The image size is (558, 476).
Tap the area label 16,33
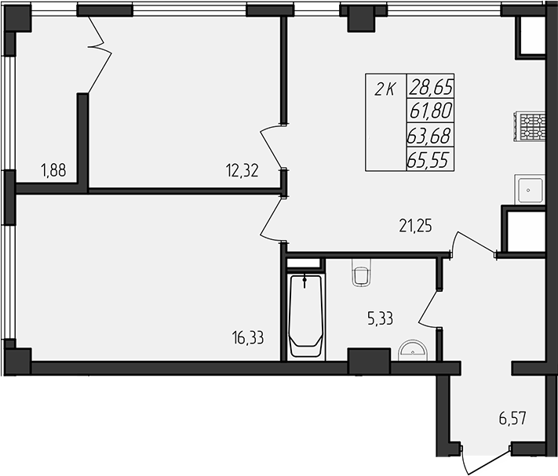click(x=248, y=338)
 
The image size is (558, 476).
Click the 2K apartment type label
click(x=384, y=89)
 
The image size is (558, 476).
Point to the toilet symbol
click(x=361, y=274)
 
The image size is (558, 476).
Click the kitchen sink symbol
click(x=530, y=189)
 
